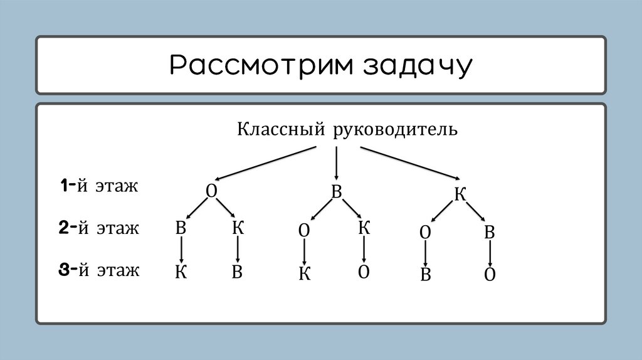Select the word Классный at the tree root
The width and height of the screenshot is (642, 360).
click(x=280, y=130)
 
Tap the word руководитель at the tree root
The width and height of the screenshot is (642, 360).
click(x=396, y=130)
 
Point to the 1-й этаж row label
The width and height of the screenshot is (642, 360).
click(x=98, y=186)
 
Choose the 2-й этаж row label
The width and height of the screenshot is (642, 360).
click(x=98, y=228)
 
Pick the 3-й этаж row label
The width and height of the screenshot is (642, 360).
click(x=98, y=270)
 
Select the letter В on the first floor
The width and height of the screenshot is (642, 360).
click(x=336, y=192)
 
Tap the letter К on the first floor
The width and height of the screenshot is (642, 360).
click(x=460, y=194)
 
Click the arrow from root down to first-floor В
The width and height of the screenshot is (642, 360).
click(x=337, y=164)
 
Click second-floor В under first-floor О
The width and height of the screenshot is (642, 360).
click(x=181, y=228)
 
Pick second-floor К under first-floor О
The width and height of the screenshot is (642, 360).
click(x=238, y=227)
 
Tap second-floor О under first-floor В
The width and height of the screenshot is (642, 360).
click(x=304, y=230)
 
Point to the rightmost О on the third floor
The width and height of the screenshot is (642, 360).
click(x=490, y=275)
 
